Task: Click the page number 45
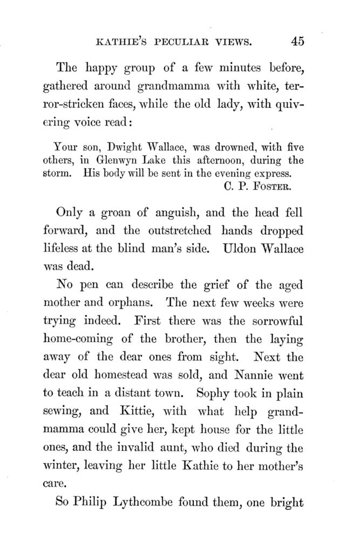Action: coord(297,41)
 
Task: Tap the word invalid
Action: coord(142,448)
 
